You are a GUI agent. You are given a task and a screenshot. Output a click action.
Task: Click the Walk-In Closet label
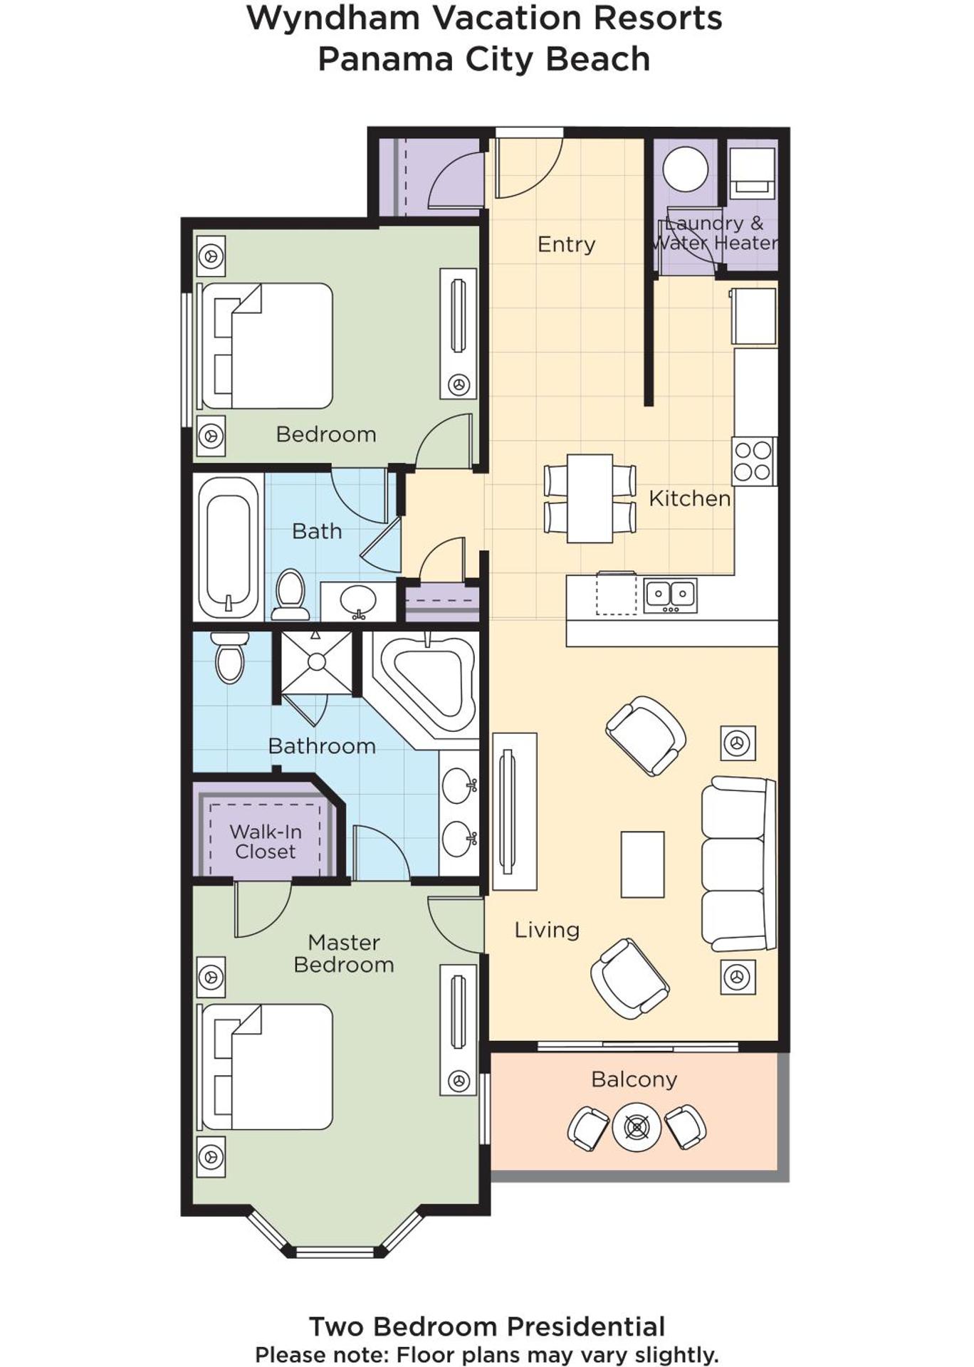click(266, 842)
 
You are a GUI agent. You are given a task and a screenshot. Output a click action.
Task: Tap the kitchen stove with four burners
click(753, 461)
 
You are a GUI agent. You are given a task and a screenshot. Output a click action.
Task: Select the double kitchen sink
click(670, 595)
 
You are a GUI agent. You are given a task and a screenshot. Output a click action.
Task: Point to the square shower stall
click(316, 662)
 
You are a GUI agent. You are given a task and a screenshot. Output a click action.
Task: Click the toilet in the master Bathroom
click(230, 659)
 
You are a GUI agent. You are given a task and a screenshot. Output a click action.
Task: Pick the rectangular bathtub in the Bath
click(228, 547)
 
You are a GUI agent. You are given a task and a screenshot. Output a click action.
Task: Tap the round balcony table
click(637, 1127)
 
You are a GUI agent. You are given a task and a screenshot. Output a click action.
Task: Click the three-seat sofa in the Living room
click(738, 863)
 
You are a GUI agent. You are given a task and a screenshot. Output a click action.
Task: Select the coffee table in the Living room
click(642, 864)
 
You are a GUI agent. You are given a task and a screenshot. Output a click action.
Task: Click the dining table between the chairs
click(590, 498)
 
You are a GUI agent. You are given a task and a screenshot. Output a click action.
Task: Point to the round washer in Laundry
click(685, 169)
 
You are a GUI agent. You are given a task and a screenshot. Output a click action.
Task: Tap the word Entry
click(566, 244)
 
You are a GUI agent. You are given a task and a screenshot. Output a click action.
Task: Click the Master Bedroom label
click(343, 953)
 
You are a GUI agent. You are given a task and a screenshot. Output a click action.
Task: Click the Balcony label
click(634, 1079)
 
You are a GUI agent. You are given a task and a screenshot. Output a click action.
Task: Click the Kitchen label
click(689, 498)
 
